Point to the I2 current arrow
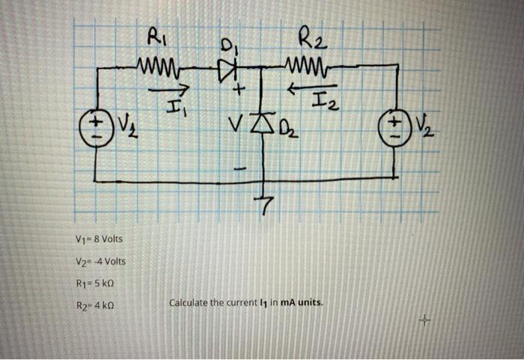[x=304, y=88]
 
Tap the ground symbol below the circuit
[x=265, y=201]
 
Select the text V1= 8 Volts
[x=99, y=240]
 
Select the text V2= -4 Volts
[x=101, y=261]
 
